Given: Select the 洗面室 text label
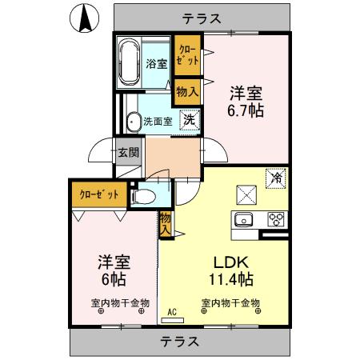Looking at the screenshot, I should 158,122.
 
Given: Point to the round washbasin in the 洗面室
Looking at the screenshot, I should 134,122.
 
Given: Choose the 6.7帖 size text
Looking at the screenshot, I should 246,110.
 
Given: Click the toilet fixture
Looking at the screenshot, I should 145,194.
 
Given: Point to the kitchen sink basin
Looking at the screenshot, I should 242,218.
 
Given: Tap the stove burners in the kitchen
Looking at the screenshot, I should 276,218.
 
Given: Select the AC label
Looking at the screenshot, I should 172,313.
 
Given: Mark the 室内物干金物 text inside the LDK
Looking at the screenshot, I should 230,302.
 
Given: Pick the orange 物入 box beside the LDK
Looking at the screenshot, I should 166,222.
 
